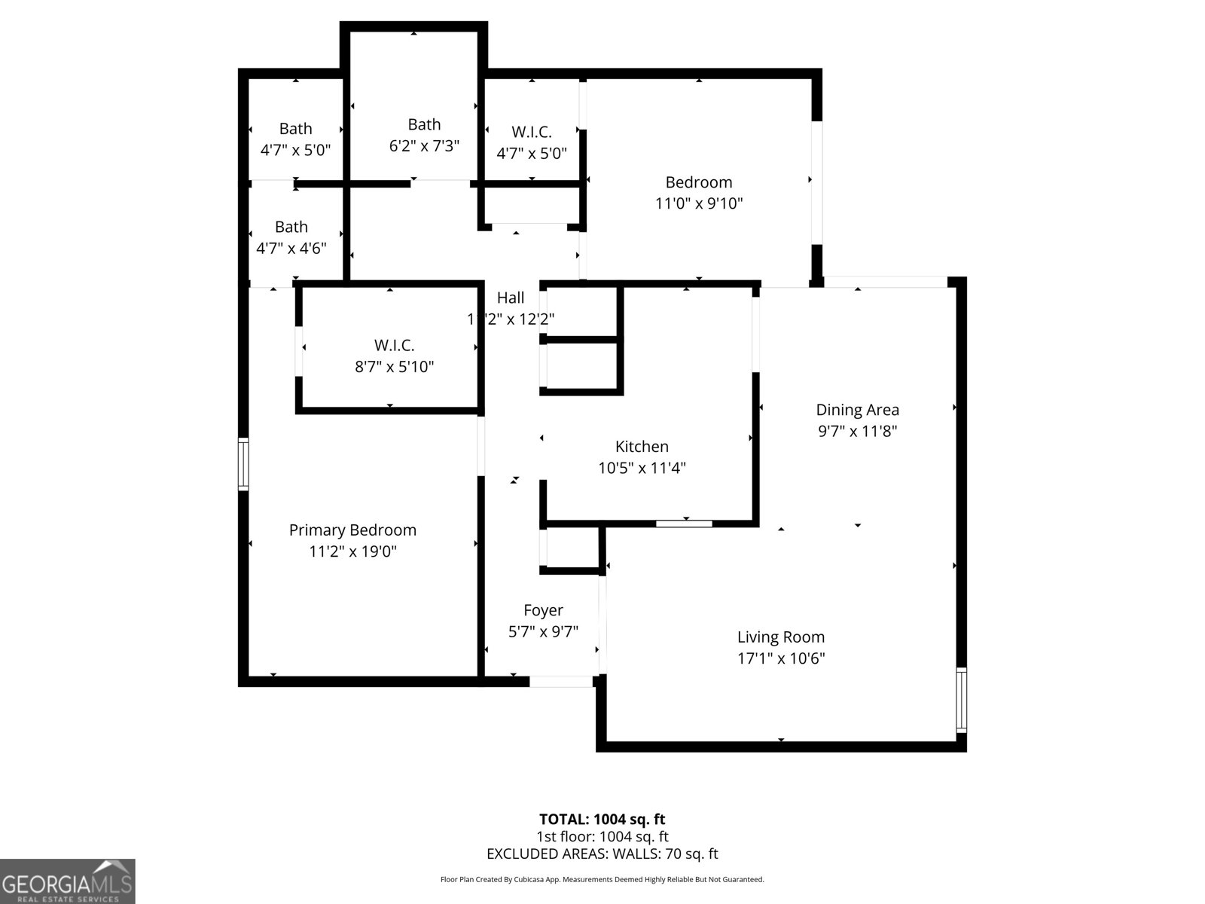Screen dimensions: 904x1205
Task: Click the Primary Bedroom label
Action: point(352,530)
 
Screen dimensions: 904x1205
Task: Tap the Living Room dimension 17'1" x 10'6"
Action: point(781,658)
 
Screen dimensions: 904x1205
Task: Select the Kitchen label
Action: point(642,447)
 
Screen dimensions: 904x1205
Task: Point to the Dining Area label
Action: point(857,410)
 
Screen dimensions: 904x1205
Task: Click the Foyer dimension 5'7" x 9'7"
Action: point(543,632)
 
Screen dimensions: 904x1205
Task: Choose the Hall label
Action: point(511,298)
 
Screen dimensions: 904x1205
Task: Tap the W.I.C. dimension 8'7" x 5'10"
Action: point(394,367)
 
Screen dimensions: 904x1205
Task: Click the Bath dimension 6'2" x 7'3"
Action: point(424,146)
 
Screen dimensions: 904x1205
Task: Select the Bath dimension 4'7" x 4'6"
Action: point(291,249)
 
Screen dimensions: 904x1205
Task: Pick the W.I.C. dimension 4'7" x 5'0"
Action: point(532,154)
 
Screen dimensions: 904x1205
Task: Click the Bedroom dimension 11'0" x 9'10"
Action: point(699,203)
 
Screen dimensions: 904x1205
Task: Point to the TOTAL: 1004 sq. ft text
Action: point(602,819)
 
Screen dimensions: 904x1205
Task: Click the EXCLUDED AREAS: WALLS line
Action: point(602,854)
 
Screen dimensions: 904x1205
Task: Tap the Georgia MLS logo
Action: point(67,881)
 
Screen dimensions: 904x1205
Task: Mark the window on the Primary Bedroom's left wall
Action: point(243,464)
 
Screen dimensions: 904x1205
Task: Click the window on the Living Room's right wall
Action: point(961,699)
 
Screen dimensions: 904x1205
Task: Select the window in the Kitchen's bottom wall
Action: point(684,524)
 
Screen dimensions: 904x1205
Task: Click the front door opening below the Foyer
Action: point(560,682)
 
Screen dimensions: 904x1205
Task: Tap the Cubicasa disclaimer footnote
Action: point(602,879)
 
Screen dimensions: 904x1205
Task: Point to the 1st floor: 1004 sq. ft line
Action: point(602,836)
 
